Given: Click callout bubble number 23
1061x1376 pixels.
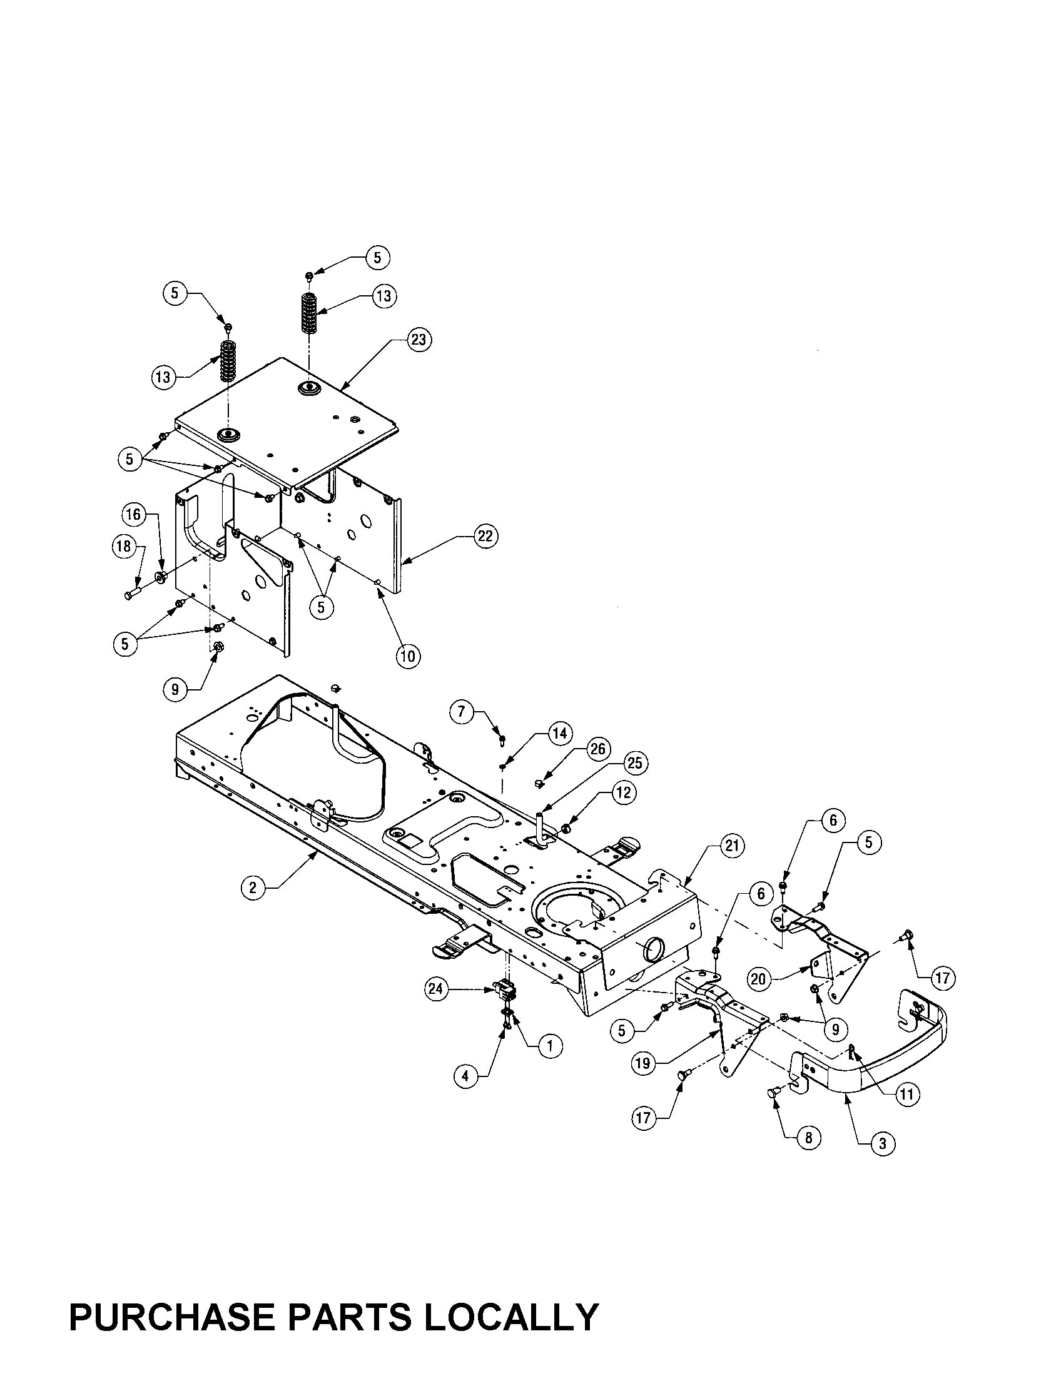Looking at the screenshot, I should point(418,340).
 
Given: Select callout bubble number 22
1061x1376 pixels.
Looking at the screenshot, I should point(484,537).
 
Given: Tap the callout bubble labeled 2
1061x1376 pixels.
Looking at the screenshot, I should point(253,888).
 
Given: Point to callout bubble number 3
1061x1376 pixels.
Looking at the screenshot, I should point(882,1143).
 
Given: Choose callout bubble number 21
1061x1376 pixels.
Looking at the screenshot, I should point(731,846).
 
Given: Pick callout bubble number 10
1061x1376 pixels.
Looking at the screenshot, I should point(408,657).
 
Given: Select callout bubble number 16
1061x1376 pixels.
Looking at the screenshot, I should point(133,515).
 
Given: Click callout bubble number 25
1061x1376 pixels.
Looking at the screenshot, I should point(634,764).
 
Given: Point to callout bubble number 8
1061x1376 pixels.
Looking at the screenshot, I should point(808,1137).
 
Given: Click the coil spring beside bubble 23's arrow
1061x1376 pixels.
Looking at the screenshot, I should point(308,313).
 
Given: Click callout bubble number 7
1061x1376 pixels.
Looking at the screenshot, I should point(462,712).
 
